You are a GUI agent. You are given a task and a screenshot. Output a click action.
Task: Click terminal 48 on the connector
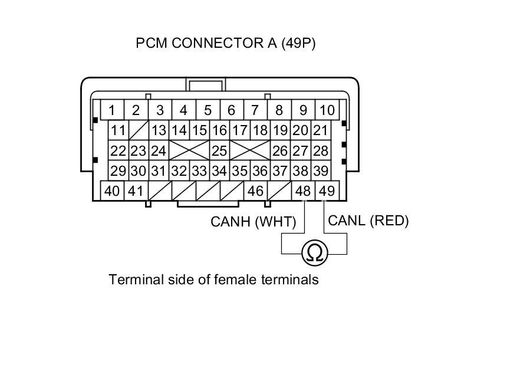[x=302, y=191]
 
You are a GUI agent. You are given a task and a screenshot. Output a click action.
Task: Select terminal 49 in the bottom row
[x=326, y=191]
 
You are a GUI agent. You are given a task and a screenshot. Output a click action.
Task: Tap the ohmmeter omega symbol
[x=315, y=253]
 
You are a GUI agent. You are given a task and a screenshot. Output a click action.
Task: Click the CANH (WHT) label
[x=253, y=222]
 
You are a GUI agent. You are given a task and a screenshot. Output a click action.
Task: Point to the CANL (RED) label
[x=368, y=221]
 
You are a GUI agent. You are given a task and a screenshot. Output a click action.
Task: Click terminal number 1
[x=111, y=110]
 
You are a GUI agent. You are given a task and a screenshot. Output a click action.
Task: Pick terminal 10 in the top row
[x=327, y=110]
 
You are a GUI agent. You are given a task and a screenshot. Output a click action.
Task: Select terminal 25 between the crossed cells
[x=219, y=150]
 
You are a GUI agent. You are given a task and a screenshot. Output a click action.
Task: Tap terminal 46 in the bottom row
[x=255, y=191]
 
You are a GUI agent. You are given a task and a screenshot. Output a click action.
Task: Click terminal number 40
[x=112, y=191]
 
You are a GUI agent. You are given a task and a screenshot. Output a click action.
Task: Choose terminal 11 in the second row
[x=118, y=130]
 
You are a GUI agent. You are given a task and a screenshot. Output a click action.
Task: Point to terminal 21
[x=320, y=130]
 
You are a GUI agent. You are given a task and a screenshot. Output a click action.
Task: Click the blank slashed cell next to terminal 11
[x=139, y=130]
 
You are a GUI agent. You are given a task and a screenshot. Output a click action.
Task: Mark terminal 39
[x=320, y=170]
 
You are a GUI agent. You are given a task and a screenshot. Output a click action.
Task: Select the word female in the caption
[x=218, y=279]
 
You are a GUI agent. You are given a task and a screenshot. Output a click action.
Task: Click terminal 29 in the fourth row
[x=118, y=170]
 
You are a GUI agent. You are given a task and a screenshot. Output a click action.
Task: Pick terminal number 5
[x=208, y=110]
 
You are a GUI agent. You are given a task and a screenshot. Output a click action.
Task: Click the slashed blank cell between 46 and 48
[x=279, y=191]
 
